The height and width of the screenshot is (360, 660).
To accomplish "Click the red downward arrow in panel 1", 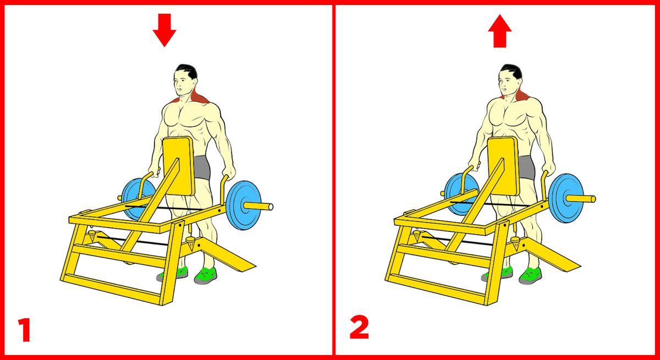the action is click(x=164, y=30).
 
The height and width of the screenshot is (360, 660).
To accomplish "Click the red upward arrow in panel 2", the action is click(x=500, y=31).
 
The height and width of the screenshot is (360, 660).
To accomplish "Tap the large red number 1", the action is click(x=25, y=330).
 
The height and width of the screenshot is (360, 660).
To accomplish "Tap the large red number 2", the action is click(x=359, y=327).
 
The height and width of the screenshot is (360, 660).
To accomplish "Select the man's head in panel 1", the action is click(x=185, y=80).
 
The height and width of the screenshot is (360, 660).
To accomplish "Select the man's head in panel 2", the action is click(x=510, y=80).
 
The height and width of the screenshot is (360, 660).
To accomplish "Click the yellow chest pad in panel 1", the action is click(x=179, y=167).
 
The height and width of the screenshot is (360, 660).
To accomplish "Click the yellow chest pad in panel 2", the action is click(x=503, y=167).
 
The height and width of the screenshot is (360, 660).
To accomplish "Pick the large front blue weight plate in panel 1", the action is click(x=243, y=205).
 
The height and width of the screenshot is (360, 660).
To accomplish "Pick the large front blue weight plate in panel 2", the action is click(x=566, y=198).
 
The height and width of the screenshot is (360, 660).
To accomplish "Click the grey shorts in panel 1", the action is click(x=202, y=167).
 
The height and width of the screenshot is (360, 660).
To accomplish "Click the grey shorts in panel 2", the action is click(x=527, y=167).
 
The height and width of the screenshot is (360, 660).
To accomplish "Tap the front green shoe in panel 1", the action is click(x=206, y=275).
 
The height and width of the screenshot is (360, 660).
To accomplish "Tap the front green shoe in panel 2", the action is click(x=530, y=275).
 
